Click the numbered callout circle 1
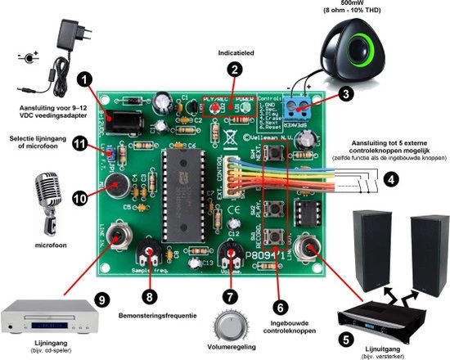tap(83, 80)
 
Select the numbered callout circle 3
tap(346, 94)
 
